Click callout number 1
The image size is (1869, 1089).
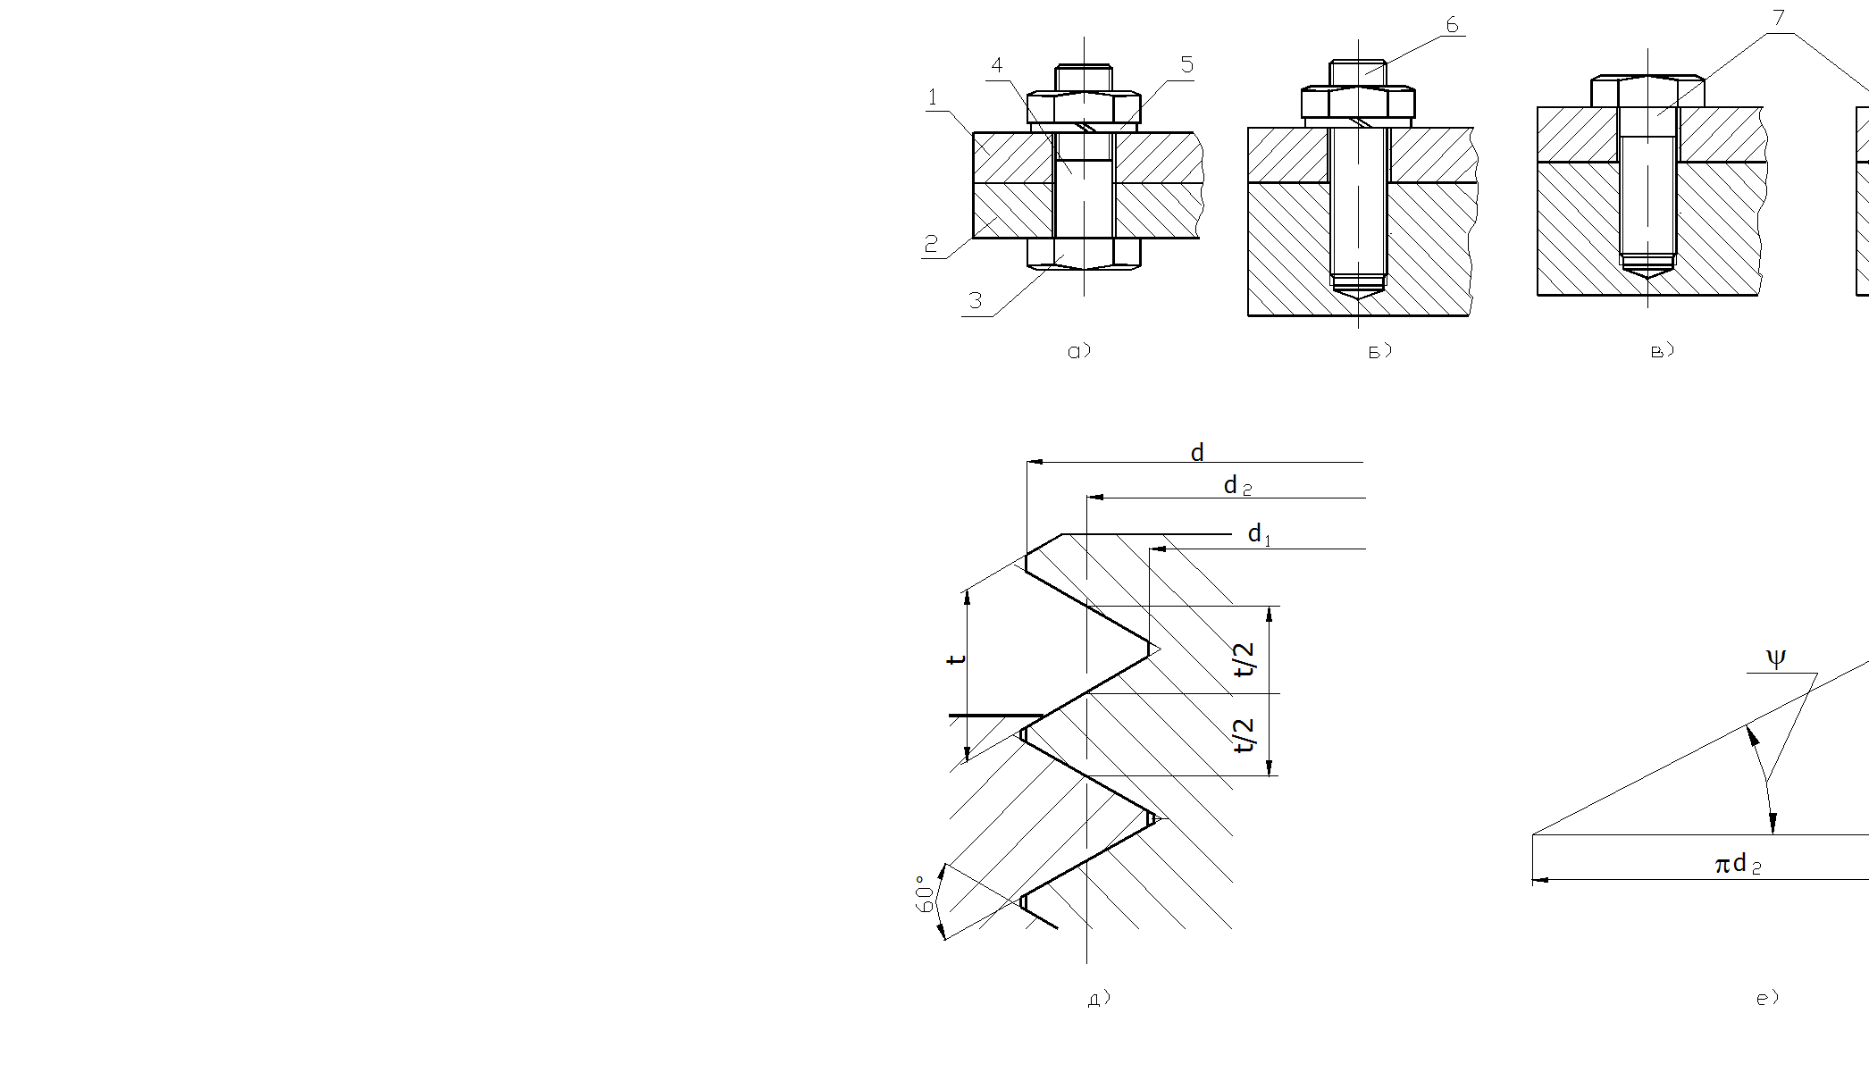pos(933,97)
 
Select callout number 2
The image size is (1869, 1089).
pos(931,244)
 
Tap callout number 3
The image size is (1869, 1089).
pos(976,301)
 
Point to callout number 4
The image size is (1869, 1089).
pos(997,65)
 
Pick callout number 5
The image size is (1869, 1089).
pos(1186,64)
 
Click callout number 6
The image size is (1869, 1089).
pos(1452,25)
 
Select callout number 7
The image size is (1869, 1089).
pos(1778,18)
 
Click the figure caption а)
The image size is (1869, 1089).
pos(1079,351)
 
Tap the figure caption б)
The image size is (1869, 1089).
pos(1379,351)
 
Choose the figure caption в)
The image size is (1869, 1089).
pos(1662,351)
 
